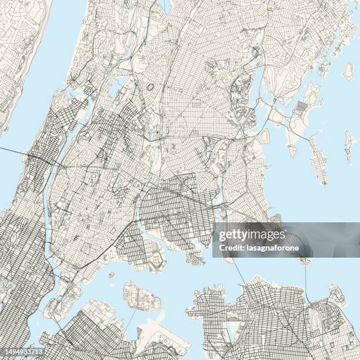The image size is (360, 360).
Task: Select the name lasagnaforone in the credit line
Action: (266, 248)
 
